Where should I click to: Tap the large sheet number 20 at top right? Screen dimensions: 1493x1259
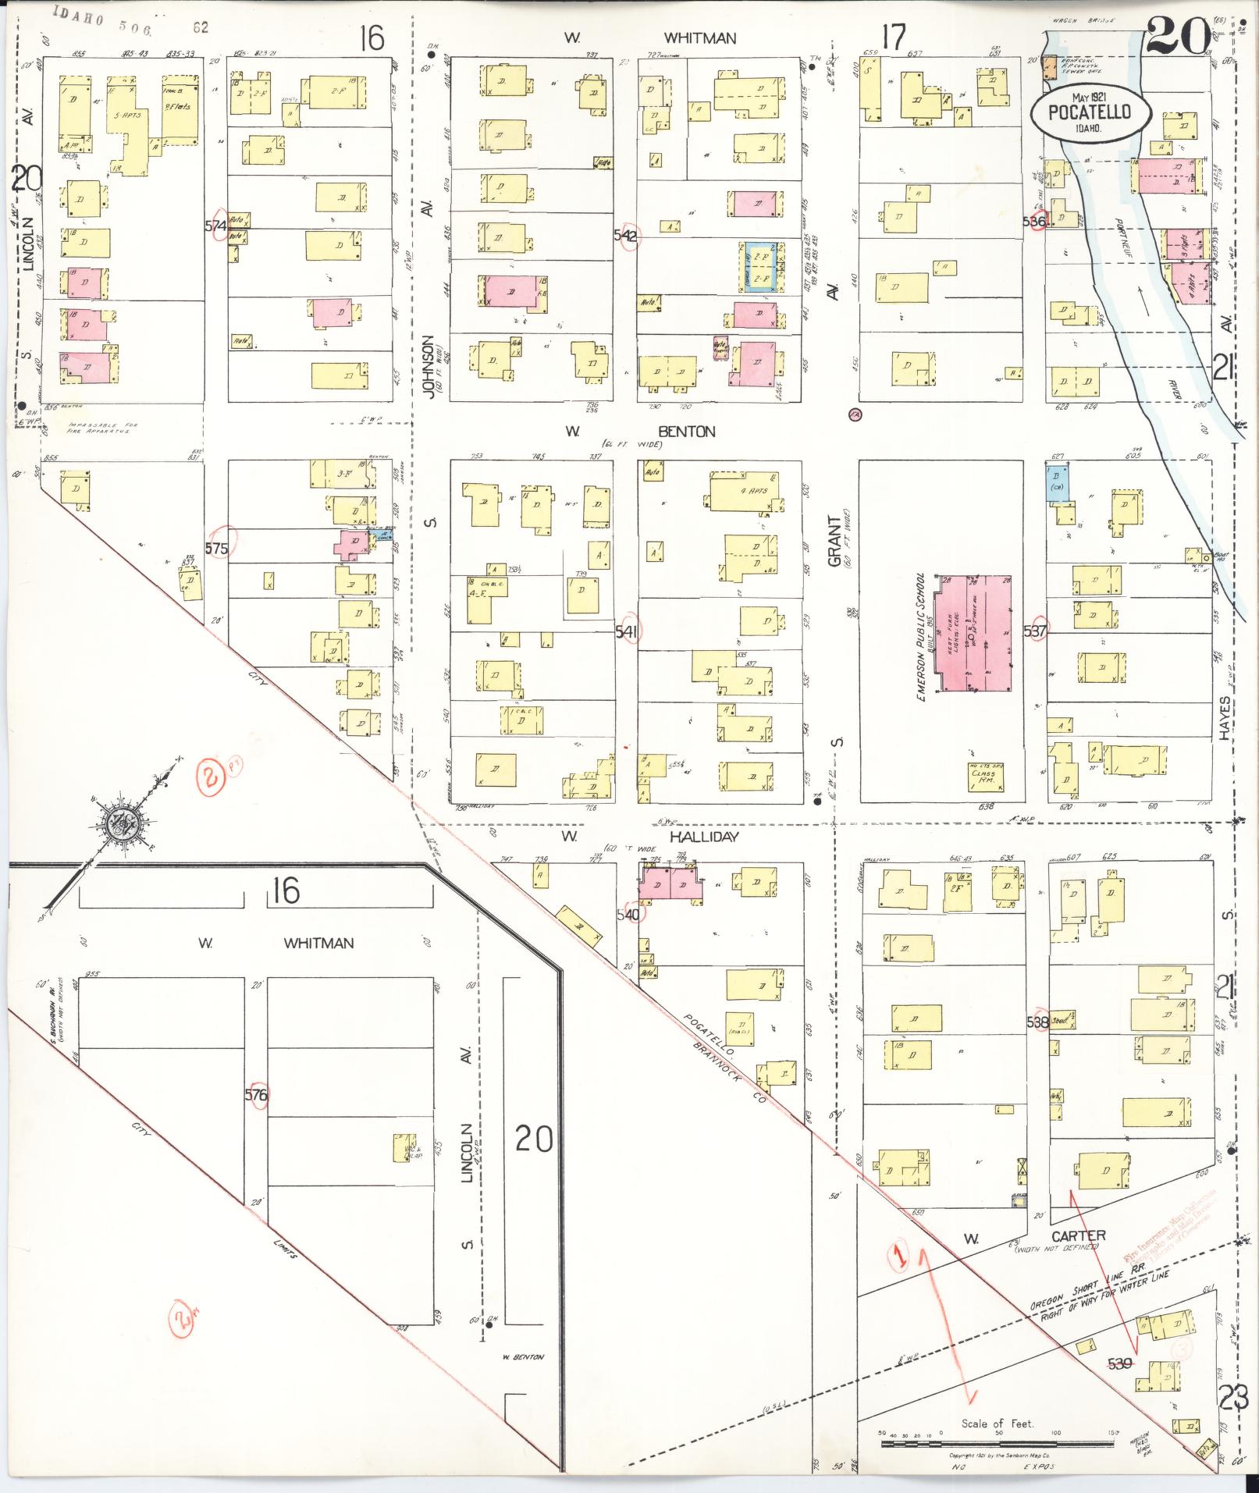(x=1178, y=37)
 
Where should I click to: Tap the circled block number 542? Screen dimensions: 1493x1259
(x=626, y=236)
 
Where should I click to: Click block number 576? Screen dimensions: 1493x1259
(x=256, y=1095)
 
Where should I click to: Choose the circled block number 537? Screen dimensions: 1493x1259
(x=1035, y=631)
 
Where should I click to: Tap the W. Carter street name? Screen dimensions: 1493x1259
(x=1078, y=1235)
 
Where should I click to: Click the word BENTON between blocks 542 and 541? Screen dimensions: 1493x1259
(x=687, y=432)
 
